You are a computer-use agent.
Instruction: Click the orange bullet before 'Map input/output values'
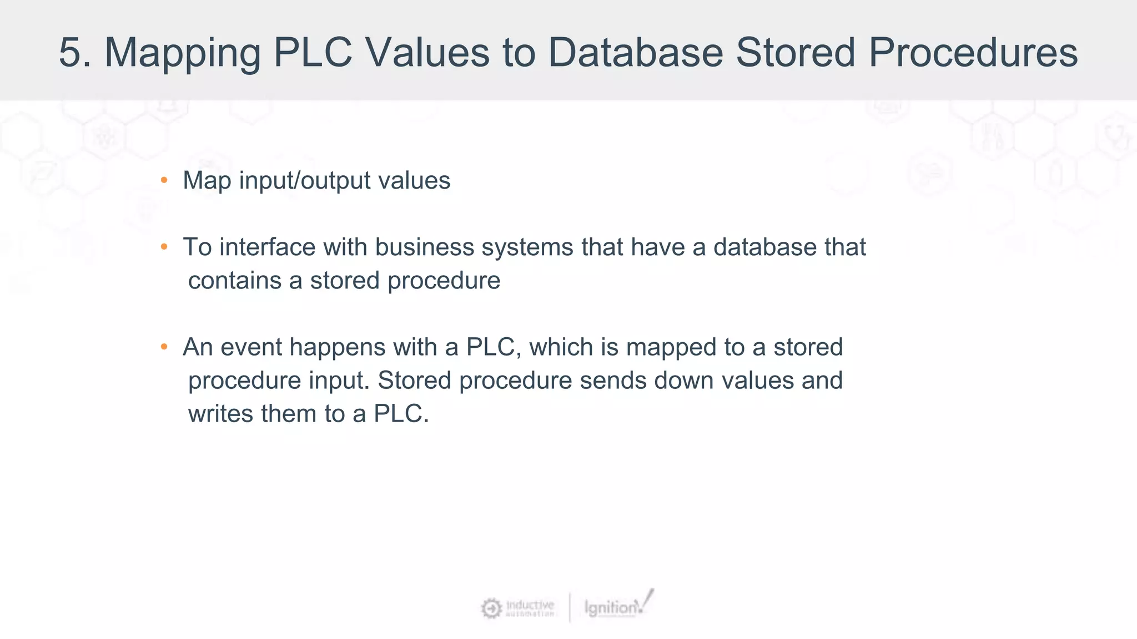[x=164, y=180]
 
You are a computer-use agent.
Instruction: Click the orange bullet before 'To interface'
[x=164, y=247]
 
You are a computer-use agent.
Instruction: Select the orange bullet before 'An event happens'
[x=164, y=347]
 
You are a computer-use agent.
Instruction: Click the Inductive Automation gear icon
[x=491, y=608]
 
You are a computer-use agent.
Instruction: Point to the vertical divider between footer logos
[x=570, y=608]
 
